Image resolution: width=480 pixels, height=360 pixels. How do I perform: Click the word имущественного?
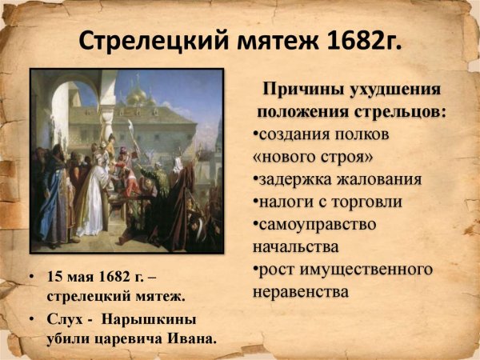366,269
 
